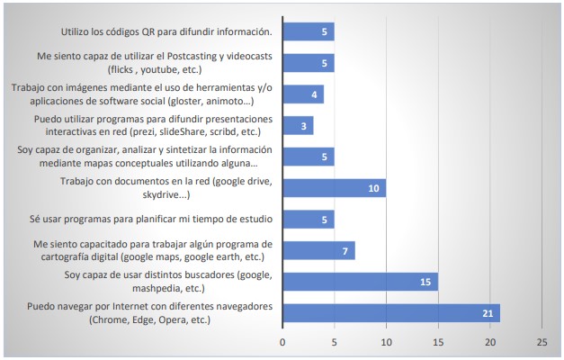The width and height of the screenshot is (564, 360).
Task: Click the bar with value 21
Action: [390, 313]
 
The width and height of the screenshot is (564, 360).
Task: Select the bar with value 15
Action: [360, 282]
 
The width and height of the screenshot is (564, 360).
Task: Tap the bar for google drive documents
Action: [334, 187]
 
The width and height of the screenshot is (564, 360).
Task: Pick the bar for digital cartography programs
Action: [318, 250]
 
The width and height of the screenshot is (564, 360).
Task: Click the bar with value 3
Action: [298, 125]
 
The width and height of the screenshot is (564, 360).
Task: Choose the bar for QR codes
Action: [308, 31]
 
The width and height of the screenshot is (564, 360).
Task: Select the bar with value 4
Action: [303, 94]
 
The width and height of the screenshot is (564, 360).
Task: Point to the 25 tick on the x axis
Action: [542, 343]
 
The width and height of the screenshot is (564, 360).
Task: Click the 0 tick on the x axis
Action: [282, 343]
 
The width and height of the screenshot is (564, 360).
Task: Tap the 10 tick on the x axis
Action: [386, 343]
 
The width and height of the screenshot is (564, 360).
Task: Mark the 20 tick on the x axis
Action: [489, 343]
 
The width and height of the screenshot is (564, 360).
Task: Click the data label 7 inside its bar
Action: [345, 250]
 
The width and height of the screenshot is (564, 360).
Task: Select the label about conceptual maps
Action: [145, 157]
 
